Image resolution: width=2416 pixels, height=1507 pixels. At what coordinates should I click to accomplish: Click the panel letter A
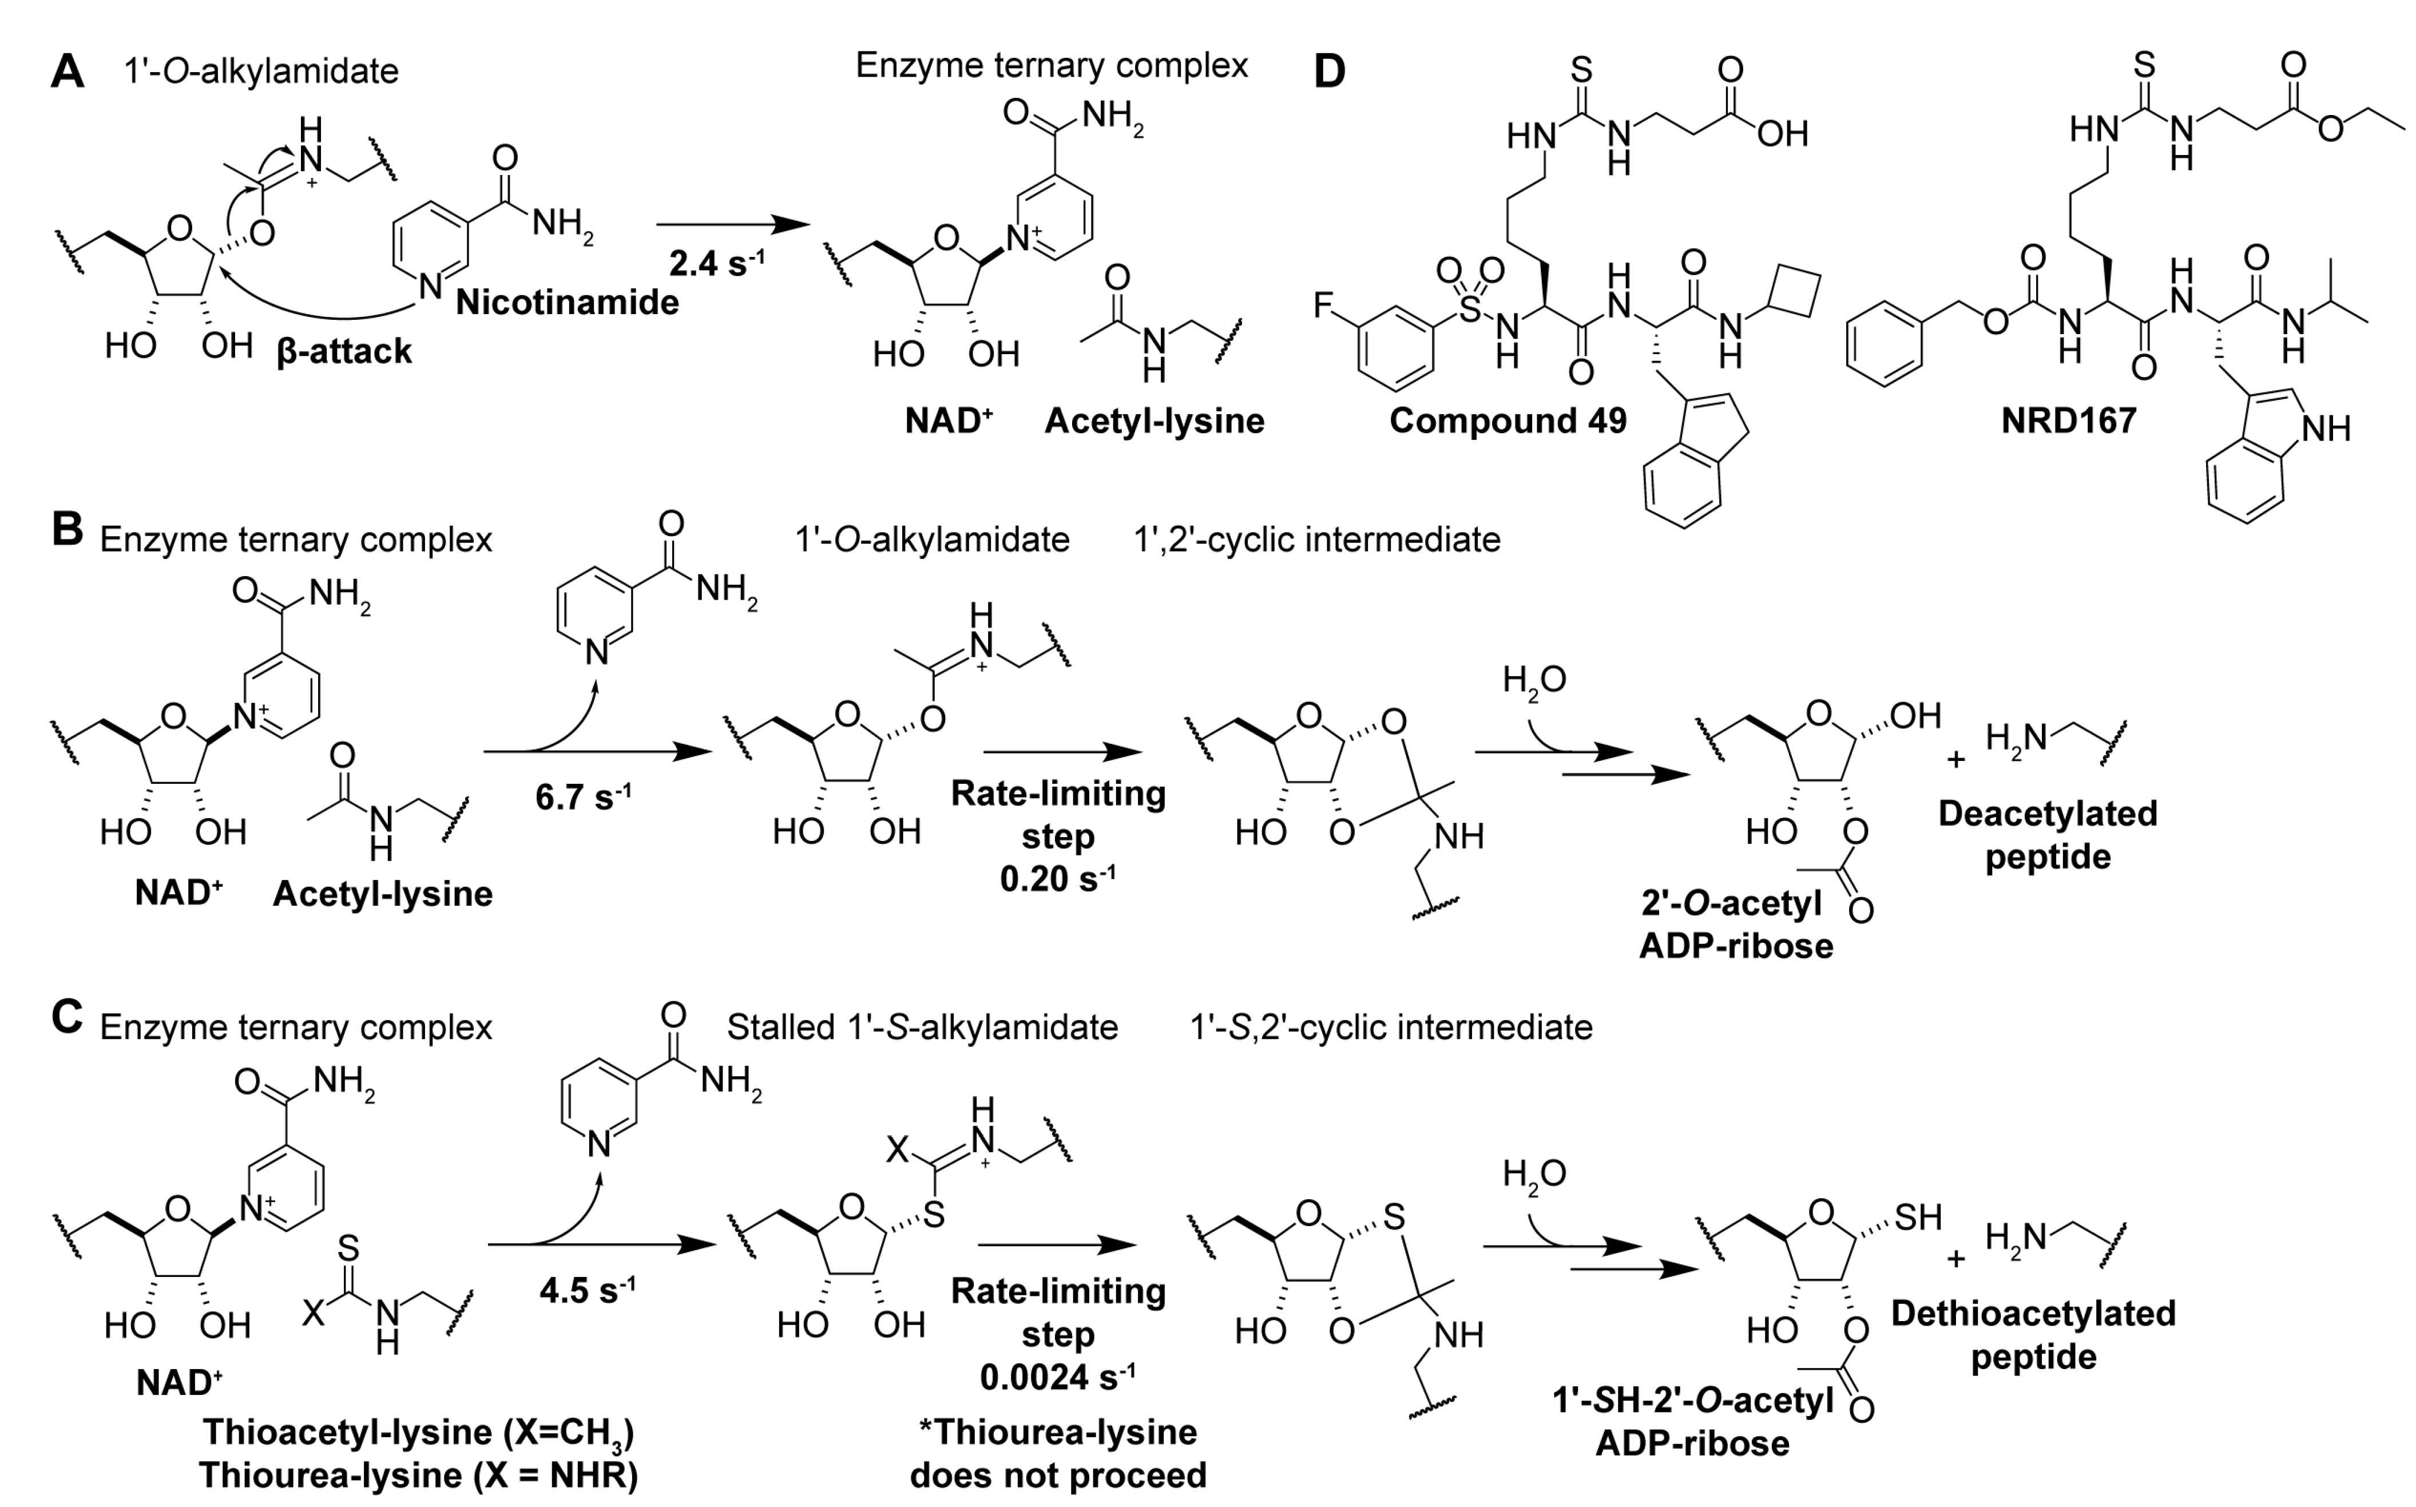click(x=67, y=72)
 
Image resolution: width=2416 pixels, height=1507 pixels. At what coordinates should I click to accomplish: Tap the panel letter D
click(x=1330, y=72)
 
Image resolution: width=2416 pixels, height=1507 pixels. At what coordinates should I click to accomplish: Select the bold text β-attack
click(x=344, y=351)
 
